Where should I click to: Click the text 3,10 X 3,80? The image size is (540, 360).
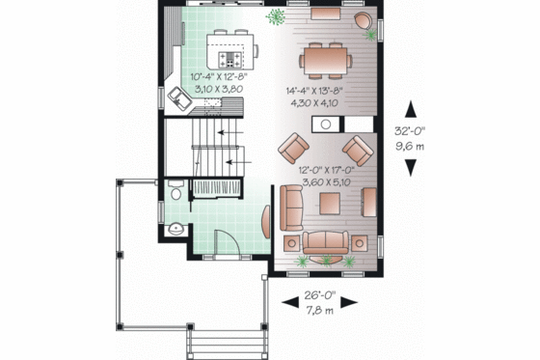[219, 88]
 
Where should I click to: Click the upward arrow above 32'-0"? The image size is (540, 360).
[413, 108]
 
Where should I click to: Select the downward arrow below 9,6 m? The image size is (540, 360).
[413, 167]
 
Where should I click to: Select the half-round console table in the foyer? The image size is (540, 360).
[267, 221]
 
